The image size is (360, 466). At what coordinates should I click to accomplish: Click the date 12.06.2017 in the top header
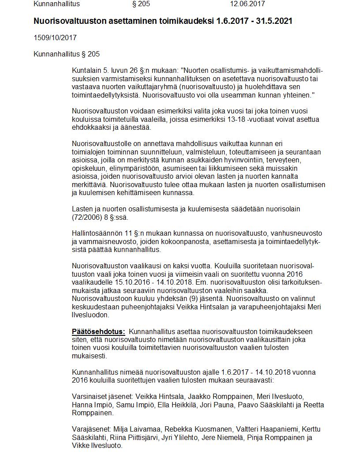pos(247,4)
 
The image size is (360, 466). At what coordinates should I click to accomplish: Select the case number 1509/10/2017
pos(55,38)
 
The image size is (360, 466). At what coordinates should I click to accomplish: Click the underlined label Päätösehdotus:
pos(98,331)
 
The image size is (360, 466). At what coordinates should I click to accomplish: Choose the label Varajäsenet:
pos(92,429)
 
